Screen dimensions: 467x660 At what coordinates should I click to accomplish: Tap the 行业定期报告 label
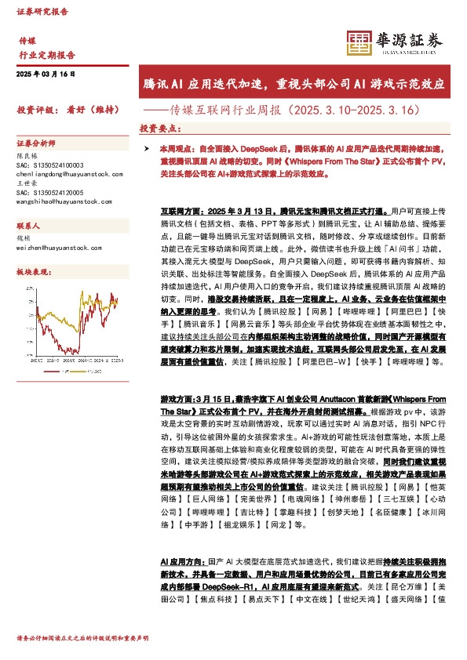click(x=46, y=55)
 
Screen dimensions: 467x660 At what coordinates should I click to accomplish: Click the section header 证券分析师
click(x=36, y=144)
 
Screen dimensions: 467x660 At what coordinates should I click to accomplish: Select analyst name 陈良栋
click(x=27, y=156)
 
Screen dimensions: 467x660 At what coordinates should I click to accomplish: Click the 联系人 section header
click(x=29, y=223)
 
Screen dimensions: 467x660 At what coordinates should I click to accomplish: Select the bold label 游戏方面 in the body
click(x=177, y=399)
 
